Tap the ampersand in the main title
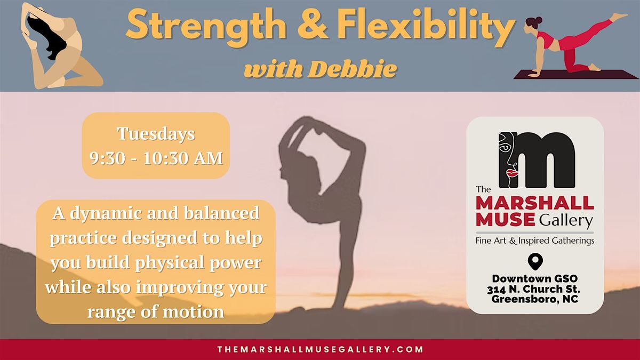(313, 25)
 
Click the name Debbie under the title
(353, 69)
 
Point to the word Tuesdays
(156, 134)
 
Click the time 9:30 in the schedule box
(107, 158)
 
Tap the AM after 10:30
(209, 158)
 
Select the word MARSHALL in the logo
(535, 203)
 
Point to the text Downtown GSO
(535, 278)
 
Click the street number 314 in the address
(497, 290)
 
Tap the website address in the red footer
(321, 349)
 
